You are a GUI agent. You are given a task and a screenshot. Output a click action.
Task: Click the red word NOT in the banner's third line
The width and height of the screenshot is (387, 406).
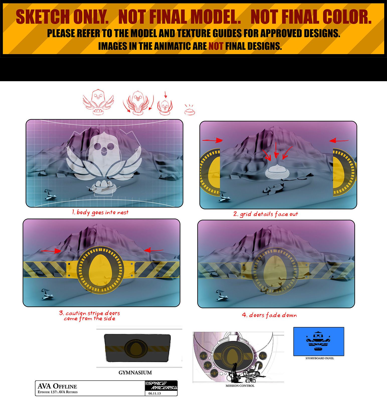coord(216,46)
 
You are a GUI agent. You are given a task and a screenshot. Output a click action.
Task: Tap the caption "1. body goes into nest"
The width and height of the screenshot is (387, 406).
coord(100,213)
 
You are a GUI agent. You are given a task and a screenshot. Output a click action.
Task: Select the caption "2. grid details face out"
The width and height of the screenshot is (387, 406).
coord(266,214)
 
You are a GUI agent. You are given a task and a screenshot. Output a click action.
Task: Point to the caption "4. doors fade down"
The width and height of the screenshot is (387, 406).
coord(269,315)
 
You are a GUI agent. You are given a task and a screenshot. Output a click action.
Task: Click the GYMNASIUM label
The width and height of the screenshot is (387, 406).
coord(135,373)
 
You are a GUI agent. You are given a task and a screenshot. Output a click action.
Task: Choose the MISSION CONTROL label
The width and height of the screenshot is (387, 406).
coord(240,386)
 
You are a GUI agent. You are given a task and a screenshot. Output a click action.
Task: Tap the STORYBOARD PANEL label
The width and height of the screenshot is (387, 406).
coord(320,358)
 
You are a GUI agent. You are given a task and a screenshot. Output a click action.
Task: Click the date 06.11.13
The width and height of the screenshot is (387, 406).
coord(154,393)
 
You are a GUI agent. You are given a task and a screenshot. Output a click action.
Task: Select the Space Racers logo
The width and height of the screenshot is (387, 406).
coord(161,385)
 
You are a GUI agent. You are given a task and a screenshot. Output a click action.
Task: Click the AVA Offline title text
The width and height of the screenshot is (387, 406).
coord(57,386)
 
